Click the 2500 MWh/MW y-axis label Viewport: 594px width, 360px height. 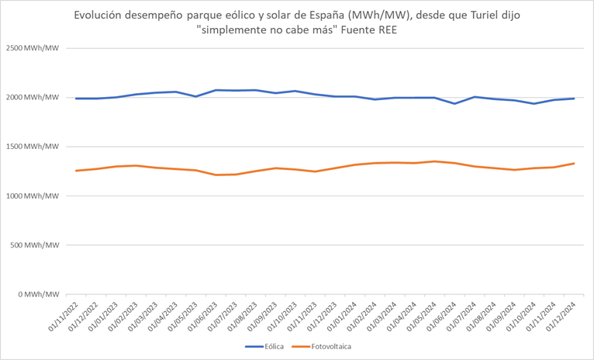33,48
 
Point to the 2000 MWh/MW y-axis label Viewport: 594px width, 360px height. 33,97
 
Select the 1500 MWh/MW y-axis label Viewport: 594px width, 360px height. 33,147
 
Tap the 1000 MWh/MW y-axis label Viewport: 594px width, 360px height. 33,196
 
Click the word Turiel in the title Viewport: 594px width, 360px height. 464,16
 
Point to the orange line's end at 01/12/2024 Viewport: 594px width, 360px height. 574,163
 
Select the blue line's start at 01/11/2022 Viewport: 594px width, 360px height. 76,99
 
